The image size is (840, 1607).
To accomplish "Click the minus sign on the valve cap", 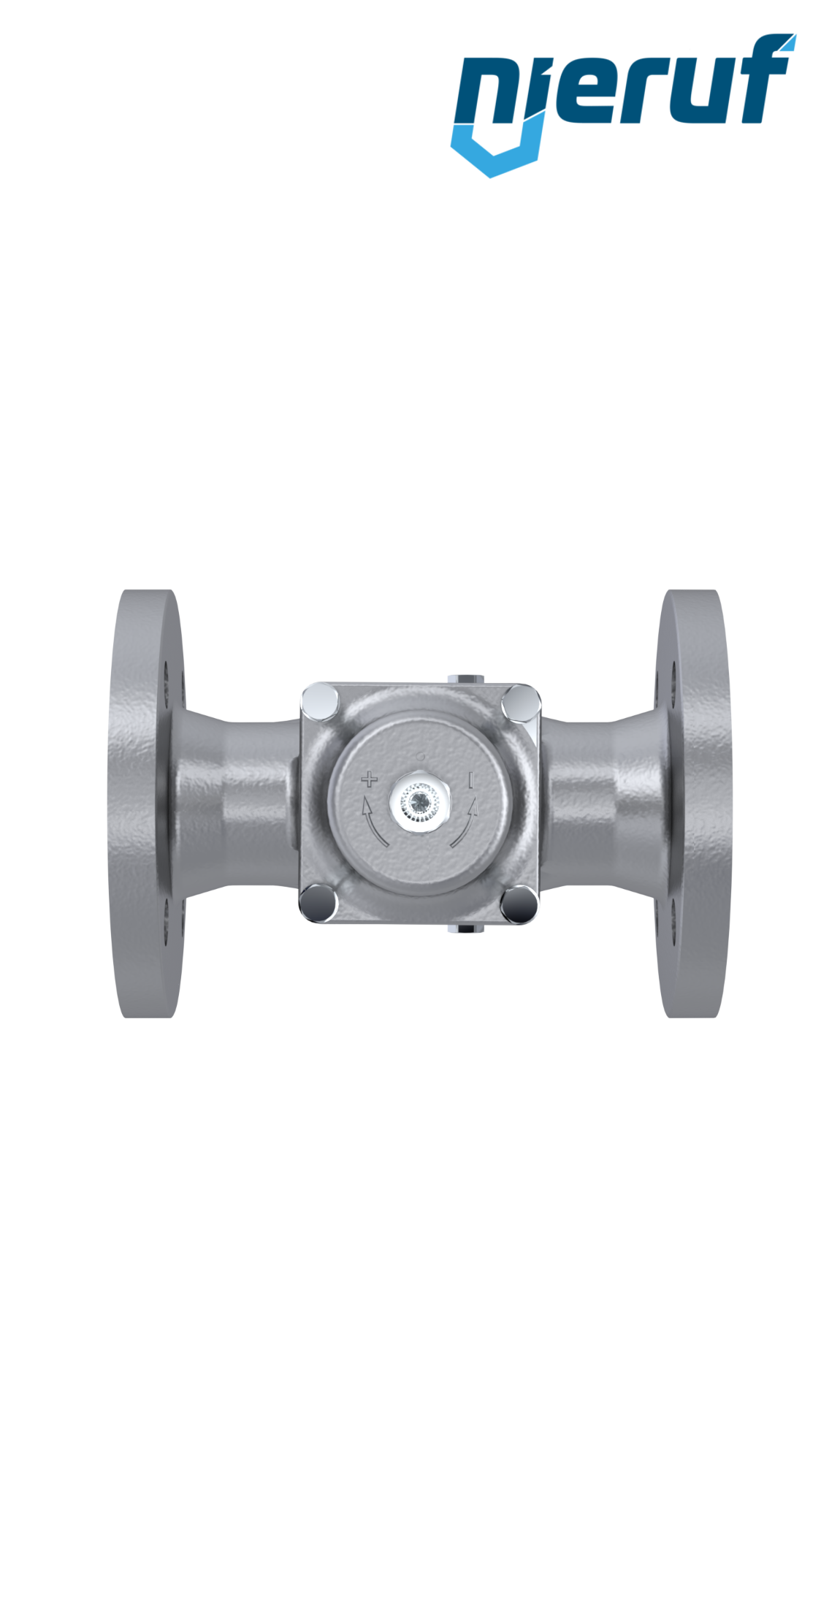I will tap(471, 780).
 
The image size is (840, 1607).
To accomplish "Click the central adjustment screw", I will tap(420, 803).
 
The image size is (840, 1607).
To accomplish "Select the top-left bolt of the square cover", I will tap(320, 701).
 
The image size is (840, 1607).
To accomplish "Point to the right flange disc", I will tap(695, 803).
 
